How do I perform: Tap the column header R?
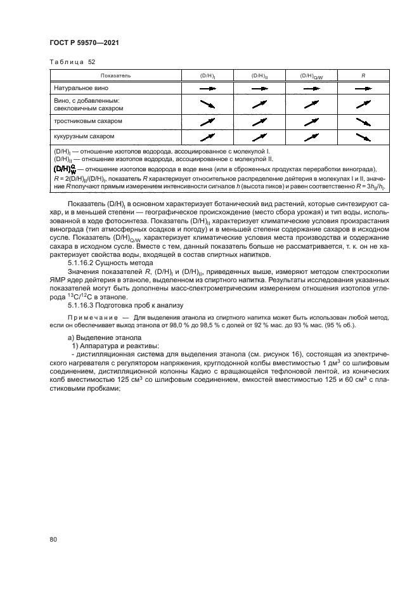tap(363, 75)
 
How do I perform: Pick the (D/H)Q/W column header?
tap(311, 75)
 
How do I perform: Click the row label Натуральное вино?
tap(78, 89)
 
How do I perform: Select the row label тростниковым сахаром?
tap(87, 121)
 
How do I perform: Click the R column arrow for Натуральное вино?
tap(363, 90)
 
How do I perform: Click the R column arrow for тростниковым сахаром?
tap(363, 121)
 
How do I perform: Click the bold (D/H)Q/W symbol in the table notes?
tap(65, 169)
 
